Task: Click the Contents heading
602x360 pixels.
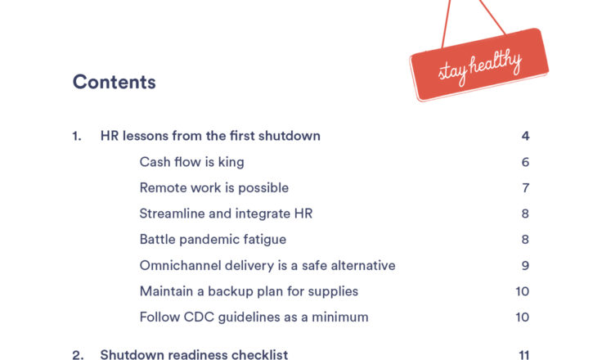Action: coord(114,82)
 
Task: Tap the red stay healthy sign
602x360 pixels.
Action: coord(479,65)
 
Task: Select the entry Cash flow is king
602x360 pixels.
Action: coord(191,162)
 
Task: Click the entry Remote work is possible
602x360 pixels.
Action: coord(213,188)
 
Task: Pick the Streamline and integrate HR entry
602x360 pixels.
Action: coord(226,214)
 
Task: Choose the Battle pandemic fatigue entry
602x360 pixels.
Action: coord(213,240)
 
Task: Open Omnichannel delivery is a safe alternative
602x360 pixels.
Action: coord(267,265)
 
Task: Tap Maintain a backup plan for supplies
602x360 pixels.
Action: coord(249,291)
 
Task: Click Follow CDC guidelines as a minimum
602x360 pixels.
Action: coord(254,317)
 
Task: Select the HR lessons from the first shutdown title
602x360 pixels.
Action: coord(210,136)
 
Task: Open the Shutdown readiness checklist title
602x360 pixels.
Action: coord(194,354)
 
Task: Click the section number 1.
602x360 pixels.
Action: coord(77,136)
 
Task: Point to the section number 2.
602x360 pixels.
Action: coord(78,355)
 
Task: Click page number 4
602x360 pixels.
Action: coord(525,136)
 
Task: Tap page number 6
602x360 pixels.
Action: coord(525,162)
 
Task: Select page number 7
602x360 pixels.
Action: coord(526,188)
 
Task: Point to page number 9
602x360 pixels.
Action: coord(525,265)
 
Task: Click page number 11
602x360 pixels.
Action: coord(523,355)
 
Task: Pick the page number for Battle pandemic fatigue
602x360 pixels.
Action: coord(525,240)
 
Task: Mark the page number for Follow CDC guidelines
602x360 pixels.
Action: coord(523,317)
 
